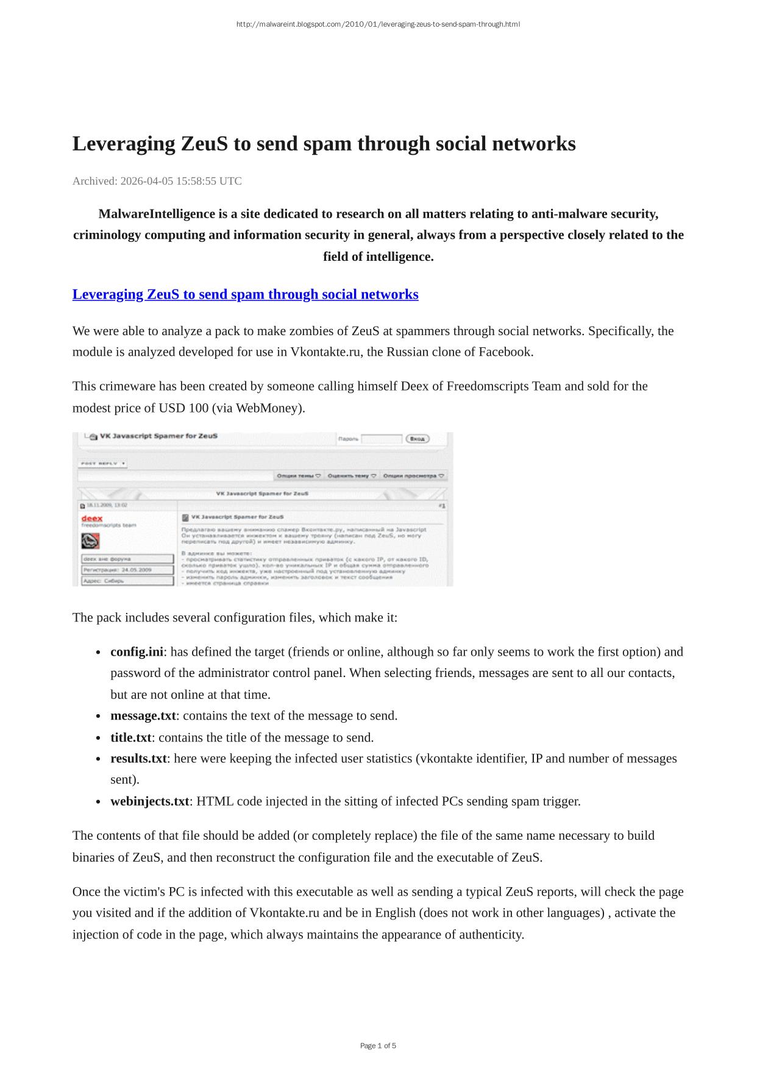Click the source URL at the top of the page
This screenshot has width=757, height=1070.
(378, 24)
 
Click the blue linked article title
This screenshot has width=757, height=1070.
(245, 294)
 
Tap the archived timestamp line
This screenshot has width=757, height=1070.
(157, 181)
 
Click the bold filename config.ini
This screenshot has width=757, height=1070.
(137, 652)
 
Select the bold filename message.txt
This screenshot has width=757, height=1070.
(143, 716)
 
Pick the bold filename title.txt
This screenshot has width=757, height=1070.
(130, 737)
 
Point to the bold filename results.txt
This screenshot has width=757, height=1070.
(138, 759)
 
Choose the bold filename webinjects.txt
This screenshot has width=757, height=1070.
(149, 801)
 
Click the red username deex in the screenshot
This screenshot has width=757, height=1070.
(92, 518)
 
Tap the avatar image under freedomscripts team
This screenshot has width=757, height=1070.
(90, 540)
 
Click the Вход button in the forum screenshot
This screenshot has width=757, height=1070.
(417, 439)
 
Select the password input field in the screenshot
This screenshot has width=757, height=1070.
(382, 439)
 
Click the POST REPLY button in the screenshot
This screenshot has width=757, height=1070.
(102, 464)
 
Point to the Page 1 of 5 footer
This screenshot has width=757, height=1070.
(378, 1046)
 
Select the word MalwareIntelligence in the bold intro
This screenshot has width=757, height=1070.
(156, 214)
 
